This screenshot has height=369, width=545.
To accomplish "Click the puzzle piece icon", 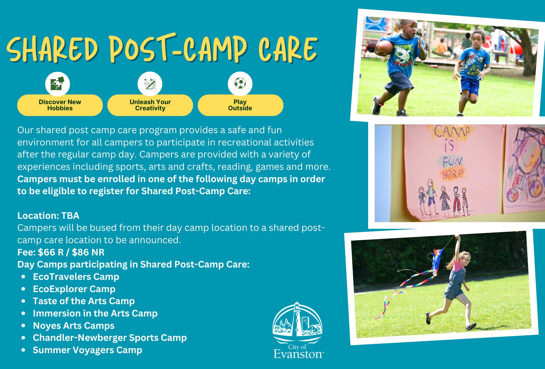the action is tap(57, 84).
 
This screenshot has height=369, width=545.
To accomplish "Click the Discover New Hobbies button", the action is tap(60, 105).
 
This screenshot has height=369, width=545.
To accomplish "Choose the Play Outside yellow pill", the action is tap(240, 105).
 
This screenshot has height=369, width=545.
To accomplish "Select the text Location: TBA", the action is tap(48, 216).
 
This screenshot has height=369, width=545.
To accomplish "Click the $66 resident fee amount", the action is tap(50, 252).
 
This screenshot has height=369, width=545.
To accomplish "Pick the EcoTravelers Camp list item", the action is tap(76, 277).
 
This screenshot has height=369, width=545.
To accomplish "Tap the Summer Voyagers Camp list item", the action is tap(87, 350).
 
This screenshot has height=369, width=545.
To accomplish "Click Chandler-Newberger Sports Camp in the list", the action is tap(110, 338).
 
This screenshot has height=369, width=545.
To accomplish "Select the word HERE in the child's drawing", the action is tap(451, 174).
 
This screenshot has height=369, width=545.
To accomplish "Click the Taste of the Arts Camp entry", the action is tap(84, 301).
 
